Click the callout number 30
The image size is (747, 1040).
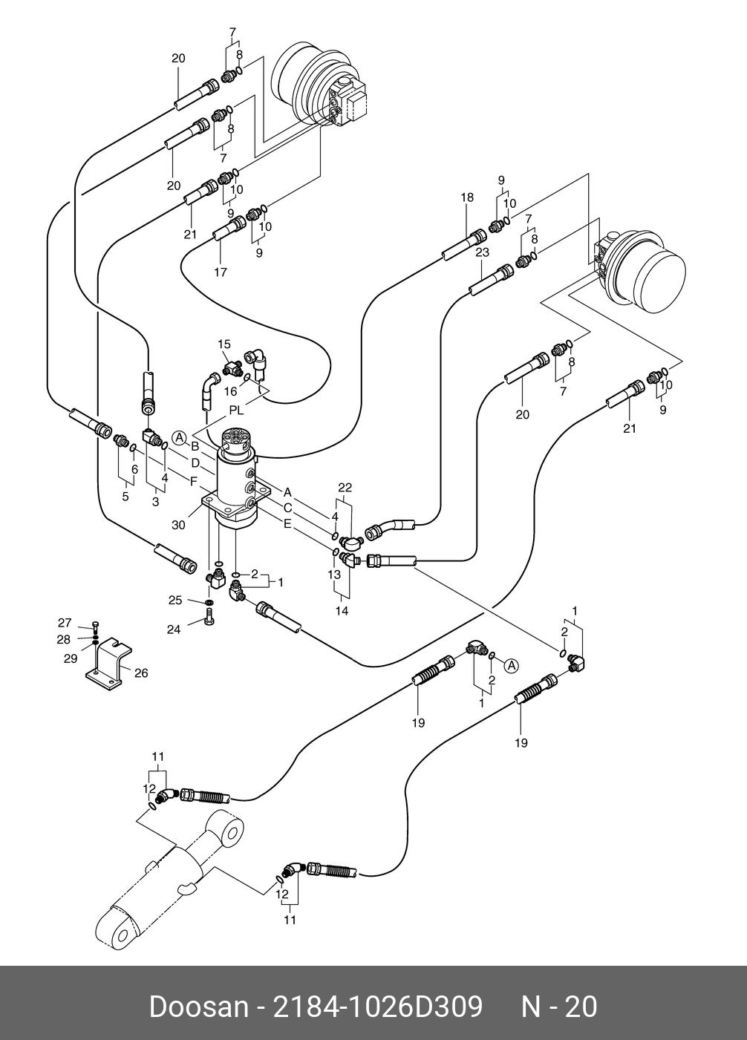tap(178, 525)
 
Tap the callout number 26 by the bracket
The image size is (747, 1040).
tap(141, 673)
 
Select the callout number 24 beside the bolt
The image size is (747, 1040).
tap(174, 630)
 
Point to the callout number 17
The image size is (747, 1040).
tap(221, 272)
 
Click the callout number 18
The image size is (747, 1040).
tap(466, 197)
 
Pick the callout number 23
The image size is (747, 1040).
tap(483, 252)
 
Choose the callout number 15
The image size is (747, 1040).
tap(224, 344)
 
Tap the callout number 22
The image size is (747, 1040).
tap(345, 488)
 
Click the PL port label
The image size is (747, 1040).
tap(236, 409)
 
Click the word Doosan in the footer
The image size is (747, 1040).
tap(198, 1007)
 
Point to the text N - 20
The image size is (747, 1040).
tap(559, 1007)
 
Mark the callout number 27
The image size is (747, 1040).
tap(65, 622)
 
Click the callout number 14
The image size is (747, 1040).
tap(342, 612)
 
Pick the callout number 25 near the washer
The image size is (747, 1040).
tap(175, 600)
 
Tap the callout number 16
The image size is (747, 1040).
tap(231, 391)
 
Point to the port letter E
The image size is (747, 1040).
tap(287, 523)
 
